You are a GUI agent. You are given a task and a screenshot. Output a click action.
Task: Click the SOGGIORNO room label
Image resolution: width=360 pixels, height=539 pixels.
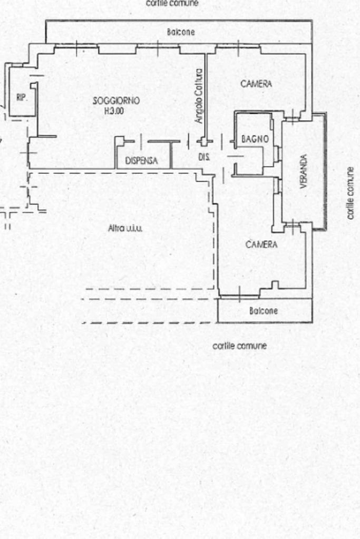click(116, 101)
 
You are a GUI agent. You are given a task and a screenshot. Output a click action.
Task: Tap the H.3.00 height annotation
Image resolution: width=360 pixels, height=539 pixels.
click(114, 111)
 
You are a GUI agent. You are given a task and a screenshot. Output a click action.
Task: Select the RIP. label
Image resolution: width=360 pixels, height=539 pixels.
click(22, 97)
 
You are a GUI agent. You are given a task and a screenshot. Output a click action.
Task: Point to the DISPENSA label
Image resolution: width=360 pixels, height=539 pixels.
click(141, 161)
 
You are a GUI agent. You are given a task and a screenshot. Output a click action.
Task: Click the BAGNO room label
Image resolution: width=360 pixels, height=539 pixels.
click(255, 139)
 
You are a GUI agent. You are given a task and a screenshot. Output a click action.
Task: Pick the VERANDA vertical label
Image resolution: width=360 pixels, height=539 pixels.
click(303, 171)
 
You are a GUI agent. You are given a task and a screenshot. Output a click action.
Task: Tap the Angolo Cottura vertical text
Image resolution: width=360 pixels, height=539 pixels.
click(199, 96)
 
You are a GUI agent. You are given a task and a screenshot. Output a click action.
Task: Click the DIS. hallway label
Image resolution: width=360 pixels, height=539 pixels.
click(204, 157)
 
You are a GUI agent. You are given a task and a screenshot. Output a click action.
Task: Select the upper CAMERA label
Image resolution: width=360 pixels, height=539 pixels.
click(256, 84)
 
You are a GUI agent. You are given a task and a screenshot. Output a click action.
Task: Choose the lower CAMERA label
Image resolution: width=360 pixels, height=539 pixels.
click(261, 244)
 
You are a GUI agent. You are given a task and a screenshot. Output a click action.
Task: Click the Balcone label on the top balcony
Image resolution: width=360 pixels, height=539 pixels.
click(181, 32)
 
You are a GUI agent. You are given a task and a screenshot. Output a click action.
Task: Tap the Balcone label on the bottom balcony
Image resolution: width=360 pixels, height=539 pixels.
click(264, 311)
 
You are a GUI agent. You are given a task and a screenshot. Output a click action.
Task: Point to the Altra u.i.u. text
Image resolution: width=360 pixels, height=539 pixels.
click(125, 228)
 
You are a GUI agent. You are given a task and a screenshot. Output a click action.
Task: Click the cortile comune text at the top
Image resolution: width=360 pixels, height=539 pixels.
click(172, 3)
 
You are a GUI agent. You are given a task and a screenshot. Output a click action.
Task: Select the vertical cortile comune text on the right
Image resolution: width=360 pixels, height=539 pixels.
click(350, 193)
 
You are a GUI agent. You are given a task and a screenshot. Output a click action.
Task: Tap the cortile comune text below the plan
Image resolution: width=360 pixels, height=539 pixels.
click(239, 346)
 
